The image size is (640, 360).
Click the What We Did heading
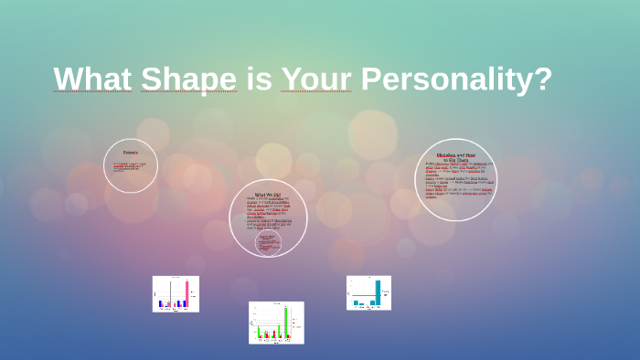pos(268,194)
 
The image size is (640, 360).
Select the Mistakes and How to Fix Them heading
pos(455,157)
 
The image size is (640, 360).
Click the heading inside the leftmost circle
pos(131,153)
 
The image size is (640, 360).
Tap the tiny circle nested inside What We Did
pos(268,241)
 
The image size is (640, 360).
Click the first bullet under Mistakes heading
pos(455,168)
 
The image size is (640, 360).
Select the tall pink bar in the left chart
pos(187,293)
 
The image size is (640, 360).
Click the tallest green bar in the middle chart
pos(285,322)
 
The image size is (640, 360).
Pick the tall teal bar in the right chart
pos(378,291)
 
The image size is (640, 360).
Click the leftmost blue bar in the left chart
pos(160,303)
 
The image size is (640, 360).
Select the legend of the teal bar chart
pos(387,294)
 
